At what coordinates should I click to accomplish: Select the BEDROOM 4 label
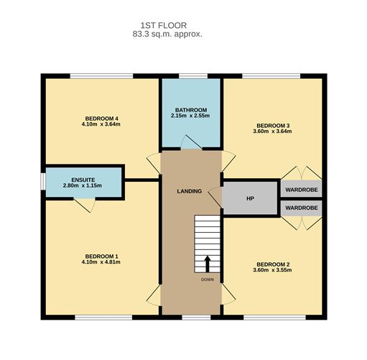(x=101, y=119)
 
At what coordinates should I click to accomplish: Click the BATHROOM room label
(x=189, y=110)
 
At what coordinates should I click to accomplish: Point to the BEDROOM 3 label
(x=271, y=126)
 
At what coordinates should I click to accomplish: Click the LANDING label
(x=190, y=191)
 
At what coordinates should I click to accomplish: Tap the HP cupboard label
(x=249, y=198)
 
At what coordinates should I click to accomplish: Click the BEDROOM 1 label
(x=101, y=257)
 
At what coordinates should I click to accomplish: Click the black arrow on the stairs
(x=207, y=263)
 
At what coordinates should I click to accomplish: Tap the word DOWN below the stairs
(x=207, y=280)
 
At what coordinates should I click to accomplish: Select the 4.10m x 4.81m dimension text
(x=101, y=263)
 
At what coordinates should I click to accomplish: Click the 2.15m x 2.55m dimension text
(x=190, y=116)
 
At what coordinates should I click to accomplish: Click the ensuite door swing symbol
(x=85, y=206)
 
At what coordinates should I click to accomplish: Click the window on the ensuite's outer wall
(x=42, y=181)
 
